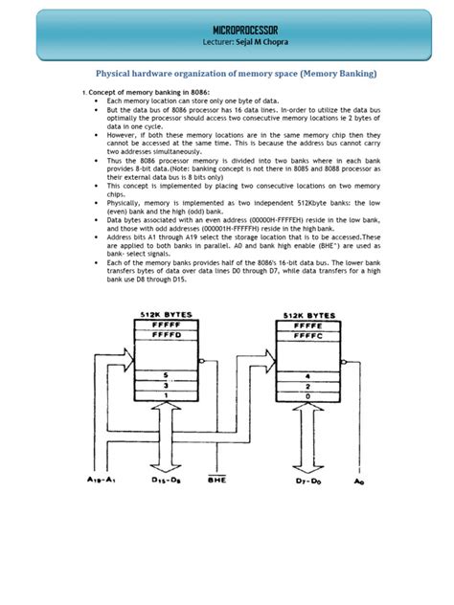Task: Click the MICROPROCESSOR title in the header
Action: [x=226, y=32]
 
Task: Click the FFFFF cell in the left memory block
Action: [x=167, y=325]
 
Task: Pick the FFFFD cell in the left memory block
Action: [x=167, y=334]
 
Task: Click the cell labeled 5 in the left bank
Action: [x=167, y=374]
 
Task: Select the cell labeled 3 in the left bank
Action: [x=167, y=384]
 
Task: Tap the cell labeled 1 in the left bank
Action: [x=167, y=394]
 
